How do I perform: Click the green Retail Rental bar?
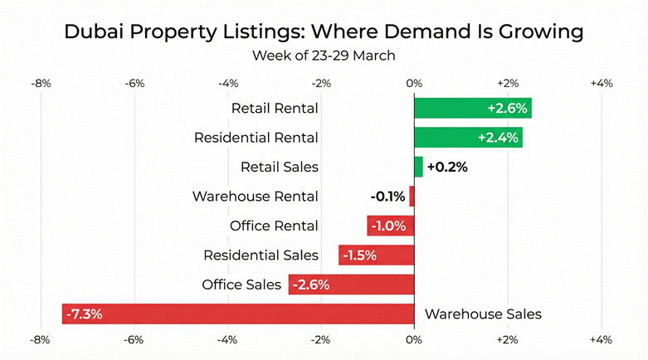(472, 108)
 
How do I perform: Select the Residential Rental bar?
(468, 137)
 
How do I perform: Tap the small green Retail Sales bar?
(418, 167)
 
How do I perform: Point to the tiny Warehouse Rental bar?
(412, 197)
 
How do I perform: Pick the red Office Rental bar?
(390, 226)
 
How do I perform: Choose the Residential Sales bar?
(376, 255)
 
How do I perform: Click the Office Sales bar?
(351, 285)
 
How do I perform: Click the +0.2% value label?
(447, 167)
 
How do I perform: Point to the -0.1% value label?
(387, 197)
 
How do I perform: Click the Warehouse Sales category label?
(483, 314)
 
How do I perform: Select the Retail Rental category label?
(275, 108)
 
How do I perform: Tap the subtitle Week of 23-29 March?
(324, 56)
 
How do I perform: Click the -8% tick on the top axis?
(41, 83)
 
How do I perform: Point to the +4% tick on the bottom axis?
(601, 340)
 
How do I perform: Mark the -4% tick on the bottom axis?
(227, 340)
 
